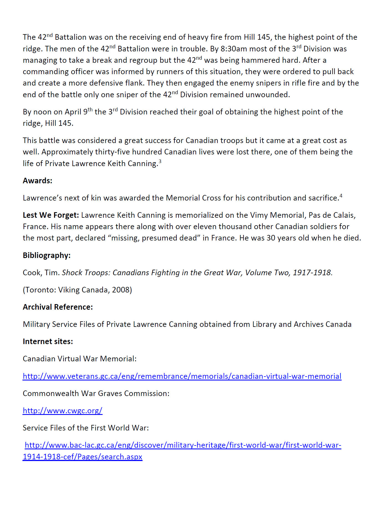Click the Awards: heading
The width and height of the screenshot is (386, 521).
coord(37,181)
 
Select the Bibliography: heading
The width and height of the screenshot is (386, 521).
coord(47,256)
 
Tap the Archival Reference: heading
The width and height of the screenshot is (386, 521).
coord(58,307)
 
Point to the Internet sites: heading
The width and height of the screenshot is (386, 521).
coord(48,342)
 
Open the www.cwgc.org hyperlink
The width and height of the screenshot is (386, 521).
coord(62,411)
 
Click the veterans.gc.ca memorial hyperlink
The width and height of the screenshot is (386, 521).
coord(182,376)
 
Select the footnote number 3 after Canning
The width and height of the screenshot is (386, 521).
coord(160,161)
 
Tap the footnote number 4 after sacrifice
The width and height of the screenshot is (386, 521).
coord(341,196)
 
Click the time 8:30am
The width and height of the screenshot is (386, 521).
coord(233,49)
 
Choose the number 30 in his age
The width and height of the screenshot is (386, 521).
coord(271,238)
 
